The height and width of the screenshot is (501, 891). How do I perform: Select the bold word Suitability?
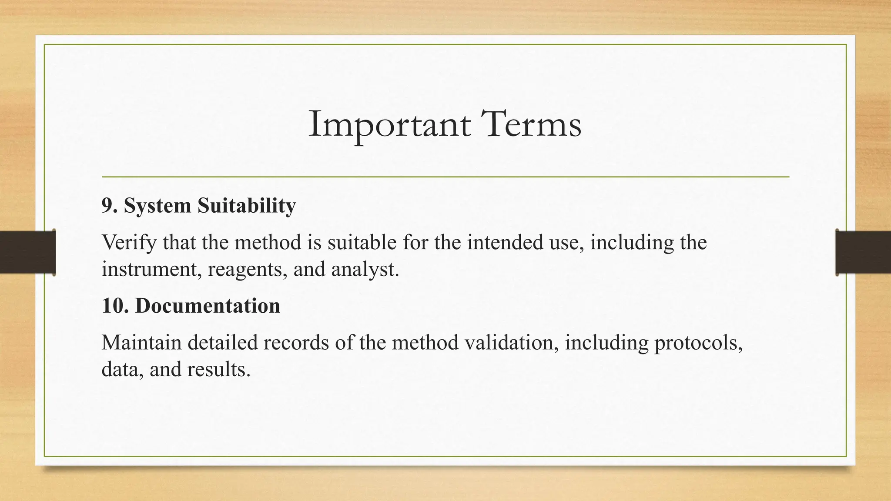click(x=246, y=206)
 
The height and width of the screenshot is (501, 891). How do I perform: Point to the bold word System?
click(x=157, y=206)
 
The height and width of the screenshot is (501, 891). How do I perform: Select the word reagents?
click(x=247, y=269)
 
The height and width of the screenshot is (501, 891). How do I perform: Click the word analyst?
click(x=365, y=269)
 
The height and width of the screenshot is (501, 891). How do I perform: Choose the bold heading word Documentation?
click(x=208, y=306)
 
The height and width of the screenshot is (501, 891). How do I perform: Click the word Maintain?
click(x=141, y=343)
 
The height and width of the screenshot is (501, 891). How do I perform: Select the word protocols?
click(x=698, y=343)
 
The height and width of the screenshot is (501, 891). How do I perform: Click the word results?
click(x=219, y=370)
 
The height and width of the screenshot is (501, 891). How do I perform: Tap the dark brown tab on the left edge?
click(x=27, y=252)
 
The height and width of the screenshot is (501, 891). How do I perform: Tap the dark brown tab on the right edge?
click(x=863, y=252)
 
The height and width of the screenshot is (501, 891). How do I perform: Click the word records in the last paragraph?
click(x=296, y=343)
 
